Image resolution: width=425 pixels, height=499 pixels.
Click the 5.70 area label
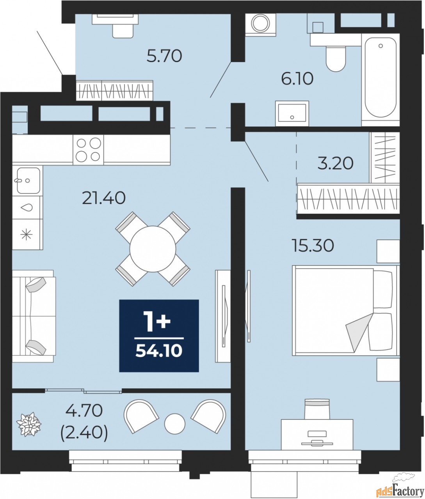(x=164, y=56)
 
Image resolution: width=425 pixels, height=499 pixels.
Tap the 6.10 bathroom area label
(x=297, y=79)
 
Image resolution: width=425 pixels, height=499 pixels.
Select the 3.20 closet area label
(x=336, y=163)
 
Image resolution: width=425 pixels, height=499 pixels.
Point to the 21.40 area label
(x=104, y=198)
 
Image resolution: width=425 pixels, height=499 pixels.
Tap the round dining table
(x=153, y=249)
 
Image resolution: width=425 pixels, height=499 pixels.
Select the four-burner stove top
(x=88, y=150)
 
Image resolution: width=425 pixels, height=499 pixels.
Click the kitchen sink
(x=28, y=180)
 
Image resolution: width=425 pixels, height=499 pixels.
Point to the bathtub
(x=381, y=80)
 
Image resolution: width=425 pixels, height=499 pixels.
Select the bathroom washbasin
(x=292, y=113)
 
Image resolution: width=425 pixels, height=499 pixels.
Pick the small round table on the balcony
(x=175, y=424)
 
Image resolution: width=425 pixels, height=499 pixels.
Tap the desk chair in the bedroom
(x=317, y=409)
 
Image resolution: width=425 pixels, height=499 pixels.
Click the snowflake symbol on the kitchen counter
(x=27, y=235)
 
